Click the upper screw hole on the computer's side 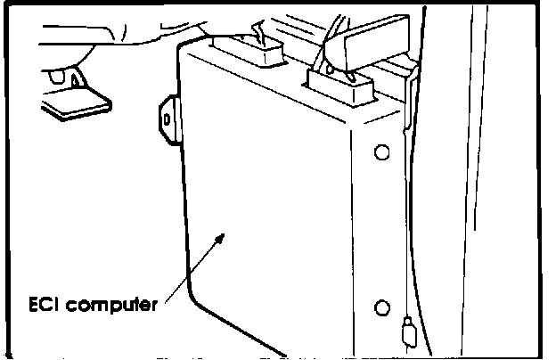[x=382, y=152]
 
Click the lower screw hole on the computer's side [x=382, y=307]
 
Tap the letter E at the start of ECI [x=32, y=306]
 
